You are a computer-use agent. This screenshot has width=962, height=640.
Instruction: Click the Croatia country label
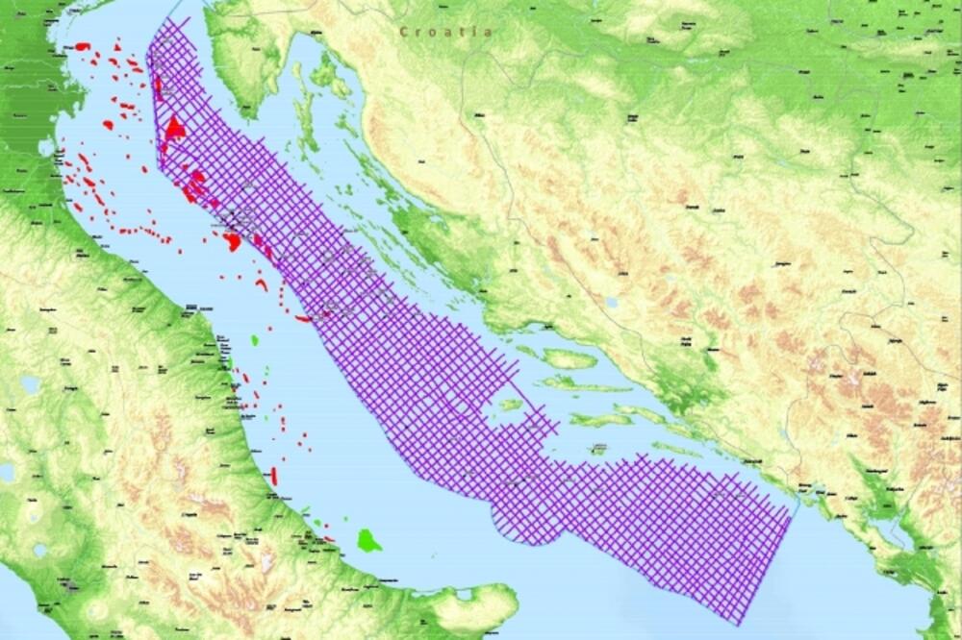(447, 32)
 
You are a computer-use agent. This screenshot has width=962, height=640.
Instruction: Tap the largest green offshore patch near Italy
(368, 540)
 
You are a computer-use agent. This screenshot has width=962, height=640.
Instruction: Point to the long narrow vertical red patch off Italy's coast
(274, 475)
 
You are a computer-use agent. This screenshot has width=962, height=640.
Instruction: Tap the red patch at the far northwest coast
(82, 44)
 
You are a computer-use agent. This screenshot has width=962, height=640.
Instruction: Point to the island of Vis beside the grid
(510, 405)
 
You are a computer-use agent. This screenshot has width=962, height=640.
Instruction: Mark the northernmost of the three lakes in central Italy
(29, 384)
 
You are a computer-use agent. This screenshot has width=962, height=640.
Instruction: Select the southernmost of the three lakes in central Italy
(38, 552)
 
